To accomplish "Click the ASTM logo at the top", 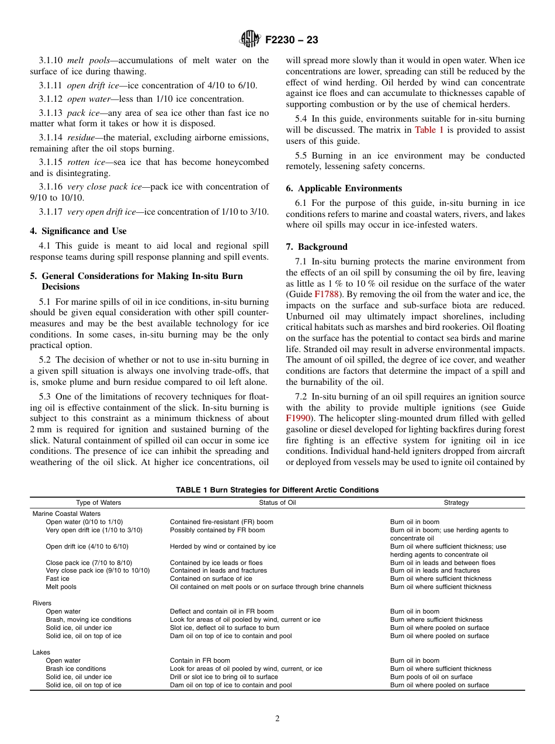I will click(x=249, y=40).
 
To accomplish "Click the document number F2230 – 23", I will click(x=292, y=40).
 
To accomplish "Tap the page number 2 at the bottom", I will click(x=277, y=719).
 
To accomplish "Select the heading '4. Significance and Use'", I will click(x=78, y=231).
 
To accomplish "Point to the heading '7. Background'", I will click(x=316, y=247).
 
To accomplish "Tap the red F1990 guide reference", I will click(x=297, y=418).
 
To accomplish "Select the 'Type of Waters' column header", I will click(x=99, y=502).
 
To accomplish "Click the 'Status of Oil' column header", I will click(x=277, y=502).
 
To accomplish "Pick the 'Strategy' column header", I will click(x=456, y=502).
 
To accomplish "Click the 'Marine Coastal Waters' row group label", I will click(x=66, y=514).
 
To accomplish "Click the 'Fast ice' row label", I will click(x=57, y=578).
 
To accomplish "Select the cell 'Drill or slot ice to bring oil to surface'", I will click(x=224, y=677).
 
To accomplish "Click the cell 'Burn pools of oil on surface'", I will click(x=431, y=677).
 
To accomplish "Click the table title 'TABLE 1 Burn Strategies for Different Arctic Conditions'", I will click(x=277, y=490).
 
